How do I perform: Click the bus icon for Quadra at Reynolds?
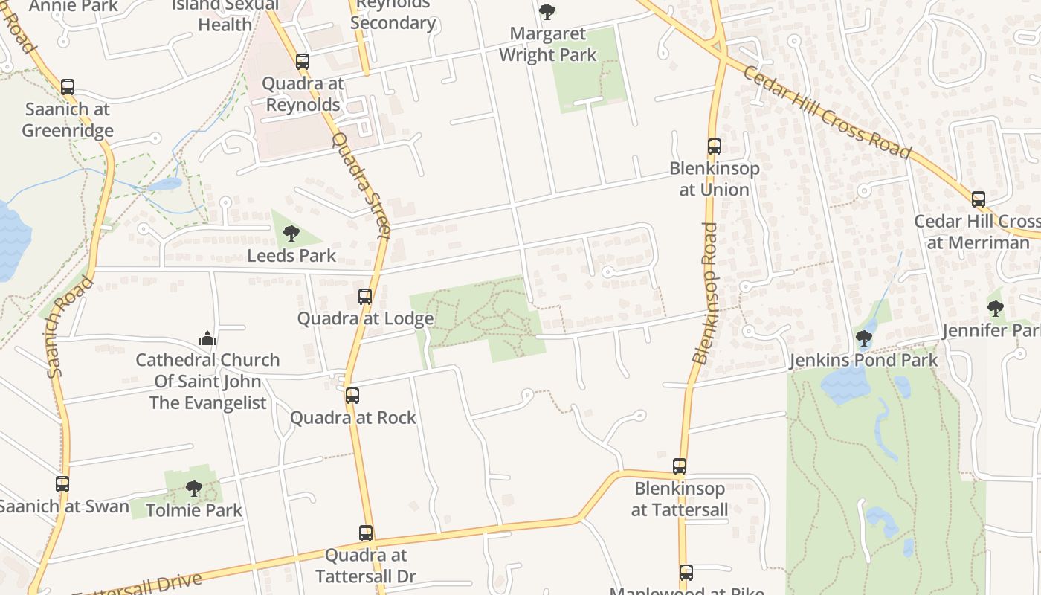tap(303, 62)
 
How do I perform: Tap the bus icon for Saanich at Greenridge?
tap(68, 87)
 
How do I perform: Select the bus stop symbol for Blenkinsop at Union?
tap(715, 147)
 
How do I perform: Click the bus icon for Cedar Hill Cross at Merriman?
tap(979, 199)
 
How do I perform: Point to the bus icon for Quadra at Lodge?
tap(365, 297)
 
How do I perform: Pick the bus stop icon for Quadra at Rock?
tap(352, 396)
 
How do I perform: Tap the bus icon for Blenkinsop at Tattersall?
tap(680, 466)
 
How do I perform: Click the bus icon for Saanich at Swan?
tap(62, 484)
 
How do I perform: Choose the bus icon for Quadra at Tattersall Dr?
tap(366, 533)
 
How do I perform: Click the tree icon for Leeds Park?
tap(291, 234)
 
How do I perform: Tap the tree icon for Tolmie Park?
tap(194, 489)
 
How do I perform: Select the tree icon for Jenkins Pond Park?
tap(863, 339)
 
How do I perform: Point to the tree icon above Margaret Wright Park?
tap(547, 12)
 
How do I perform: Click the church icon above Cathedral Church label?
tap(207, 338)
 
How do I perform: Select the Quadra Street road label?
tap(361, 186)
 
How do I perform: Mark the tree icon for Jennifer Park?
tap(996, 308)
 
